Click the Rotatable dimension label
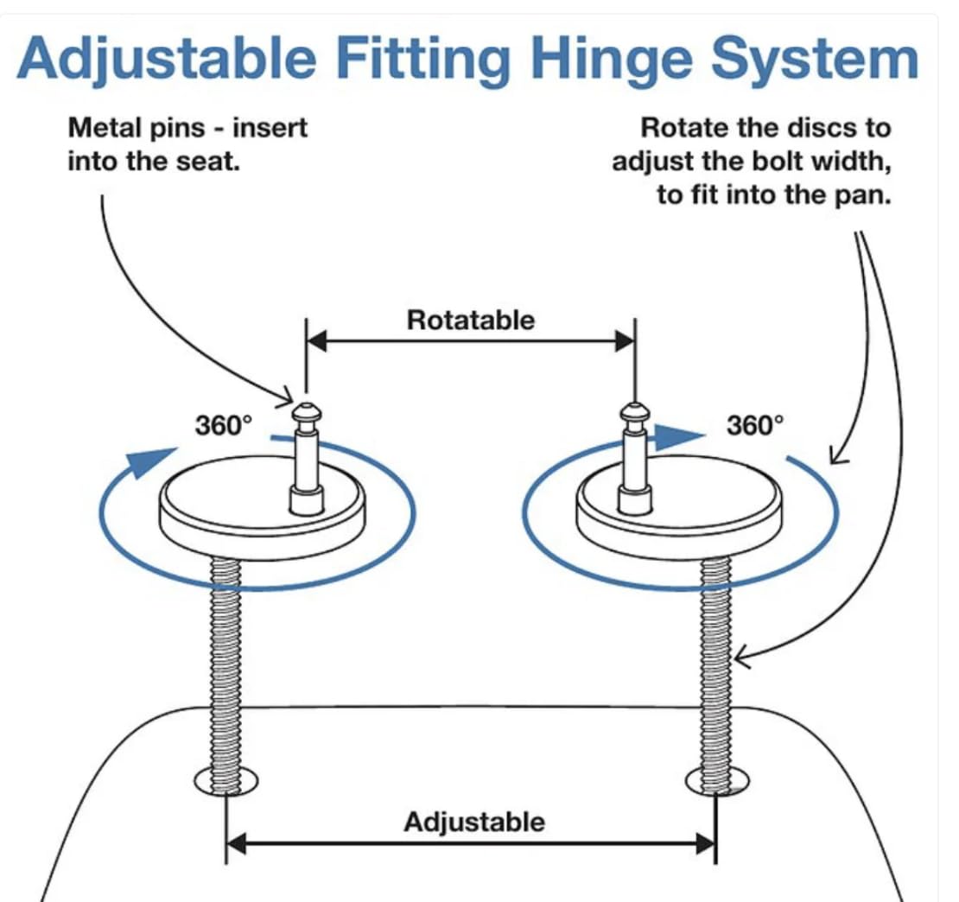[x=471, y=321]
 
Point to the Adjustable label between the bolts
[x=474, y=821]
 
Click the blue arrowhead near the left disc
[x=149, y=461]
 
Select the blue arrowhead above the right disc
[x=670, y=437]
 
